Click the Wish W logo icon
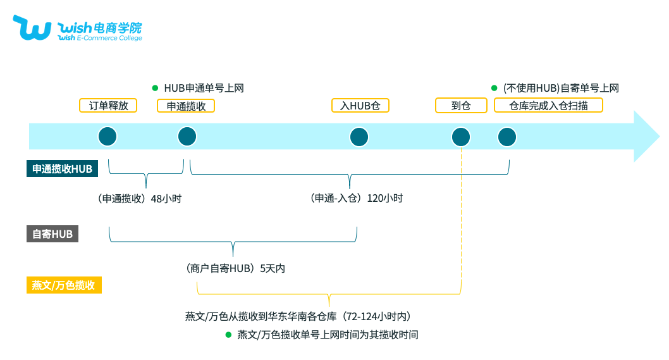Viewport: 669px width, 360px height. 32,28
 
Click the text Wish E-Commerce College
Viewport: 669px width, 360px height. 99,38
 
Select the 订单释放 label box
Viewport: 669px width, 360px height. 107,106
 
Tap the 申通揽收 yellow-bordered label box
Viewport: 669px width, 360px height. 186,106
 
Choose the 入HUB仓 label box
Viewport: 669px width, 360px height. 360,106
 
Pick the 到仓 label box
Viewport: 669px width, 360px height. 461,106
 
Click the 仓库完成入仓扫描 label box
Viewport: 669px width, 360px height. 548,106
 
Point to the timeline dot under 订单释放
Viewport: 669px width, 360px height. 107,137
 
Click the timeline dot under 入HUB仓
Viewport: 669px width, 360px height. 359,137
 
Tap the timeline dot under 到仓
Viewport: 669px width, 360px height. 461,137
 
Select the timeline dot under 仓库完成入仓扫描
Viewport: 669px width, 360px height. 507,137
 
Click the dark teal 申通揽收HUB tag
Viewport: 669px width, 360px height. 62,169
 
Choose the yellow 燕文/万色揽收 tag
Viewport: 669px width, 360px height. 63,285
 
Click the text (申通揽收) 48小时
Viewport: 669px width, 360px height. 139,199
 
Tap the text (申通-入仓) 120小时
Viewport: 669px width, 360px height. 356,199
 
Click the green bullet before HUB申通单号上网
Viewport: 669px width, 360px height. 155,88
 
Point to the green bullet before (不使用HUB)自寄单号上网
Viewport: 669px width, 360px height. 494,88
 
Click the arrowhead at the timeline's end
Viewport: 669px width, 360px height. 646,137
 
